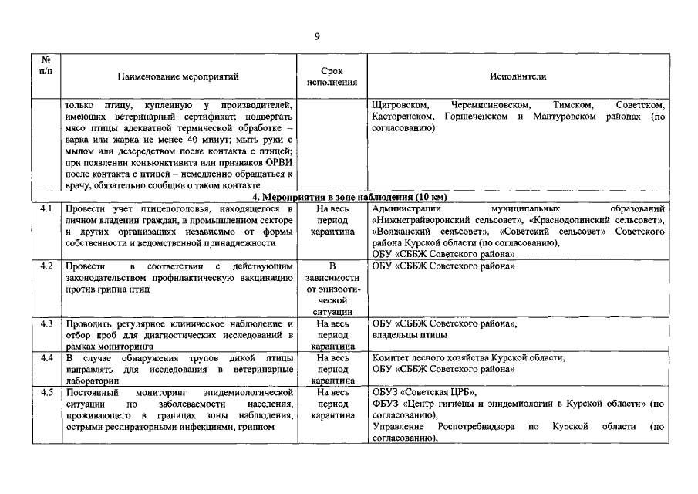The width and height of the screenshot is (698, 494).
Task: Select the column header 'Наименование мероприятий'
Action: pos(179,76)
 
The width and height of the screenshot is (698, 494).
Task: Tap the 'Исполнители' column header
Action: pos(518,76)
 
